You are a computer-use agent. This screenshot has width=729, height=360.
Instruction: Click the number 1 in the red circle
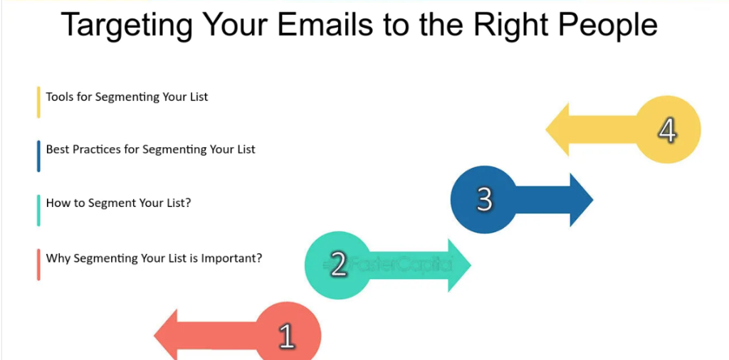click(x=286, y=336)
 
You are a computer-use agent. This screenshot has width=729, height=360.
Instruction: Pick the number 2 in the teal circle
click(x=338, y=265)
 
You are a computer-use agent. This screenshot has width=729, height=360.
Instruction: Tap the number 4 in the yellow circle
click(x=667, y=130)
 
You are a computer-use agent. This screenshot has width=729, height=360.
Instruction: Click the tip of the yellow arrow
click(x=546, y=129)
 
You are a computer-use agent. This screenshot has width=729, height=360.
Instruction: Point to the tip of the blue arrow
click(x=593, y=200)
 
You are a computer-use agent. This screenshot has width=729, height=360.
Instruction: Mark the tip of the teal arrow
click(x=471, y=265)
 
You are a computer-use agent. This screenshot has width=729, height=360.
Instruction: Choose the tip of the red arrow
click(x=154, y=335)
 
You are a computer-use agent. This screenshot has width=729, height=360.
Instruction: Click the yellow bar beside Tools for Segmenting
click(x=38, y=102)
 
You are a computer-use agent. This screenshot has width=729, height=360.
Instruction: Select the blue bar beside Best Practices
click(x=38, y=156)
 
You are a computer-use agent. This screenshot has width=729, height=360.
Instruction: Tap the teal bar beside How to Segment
click(x=38, y=211)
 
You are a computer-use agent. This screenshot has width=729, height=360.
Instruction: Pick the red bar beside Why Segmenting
click(x=38, y=265)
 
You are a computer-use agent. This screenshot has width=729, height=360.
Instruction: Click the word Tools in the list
click(x=58, y=97)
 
